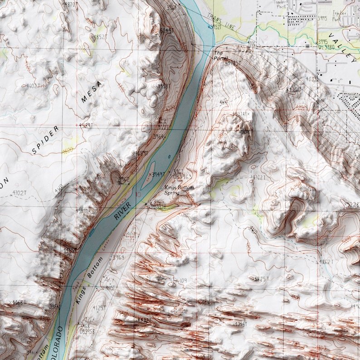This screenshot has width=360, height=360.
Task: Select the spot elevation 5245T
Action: (x=167, y=30)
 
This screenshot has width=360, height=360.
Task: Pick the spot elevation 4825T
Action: (x=262, y=278)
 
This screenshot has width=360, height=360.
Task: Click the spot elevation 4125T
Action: (x=99, y=308)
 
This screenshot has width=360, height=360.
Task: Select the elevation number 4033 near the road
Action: (x=311, y=78)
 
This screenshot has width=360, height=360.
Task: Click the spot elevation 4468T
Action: (x=20, y=302)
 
